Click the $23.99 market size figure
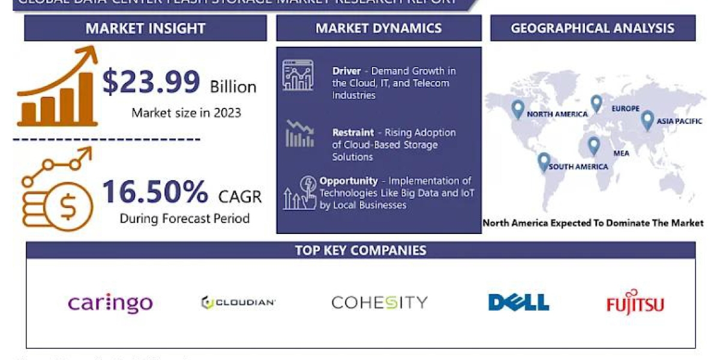[x=151, y=82]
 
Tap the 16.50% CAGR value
[x=155, y=191]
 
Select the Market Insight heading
[x=145, y=28]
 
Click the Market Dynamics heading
[x=379, y=28]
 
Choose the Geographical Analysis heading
[x=592, y=28]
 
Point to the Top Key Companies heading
[x=361, y=250]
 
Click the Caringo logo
[x=110, y=302]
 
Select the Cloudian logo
[x=238, y=302]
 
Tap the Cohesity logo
[x=379, y=302]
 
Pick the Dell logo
[x=518, y=302]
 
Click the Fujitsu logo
[x=635, y=303]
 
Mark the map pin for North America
[x=518, y=109]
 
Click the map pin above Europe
[x=596, y=104]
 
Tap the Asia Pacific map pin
[x=647, y=120]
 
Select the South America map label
[x=578, y=166]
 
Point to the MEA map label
[x=621, y=153]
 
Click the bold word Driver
[x=347, y=71]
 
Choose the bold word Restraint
[x=353, y=133]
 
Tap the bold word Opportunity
[x=349, y=181]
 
